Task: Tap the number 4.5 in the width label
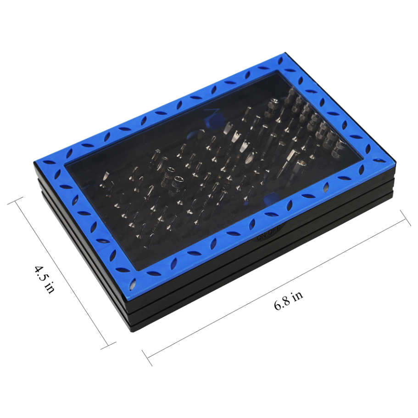click(40, 273)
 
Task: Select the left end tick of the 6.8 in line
click(147, 357)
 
